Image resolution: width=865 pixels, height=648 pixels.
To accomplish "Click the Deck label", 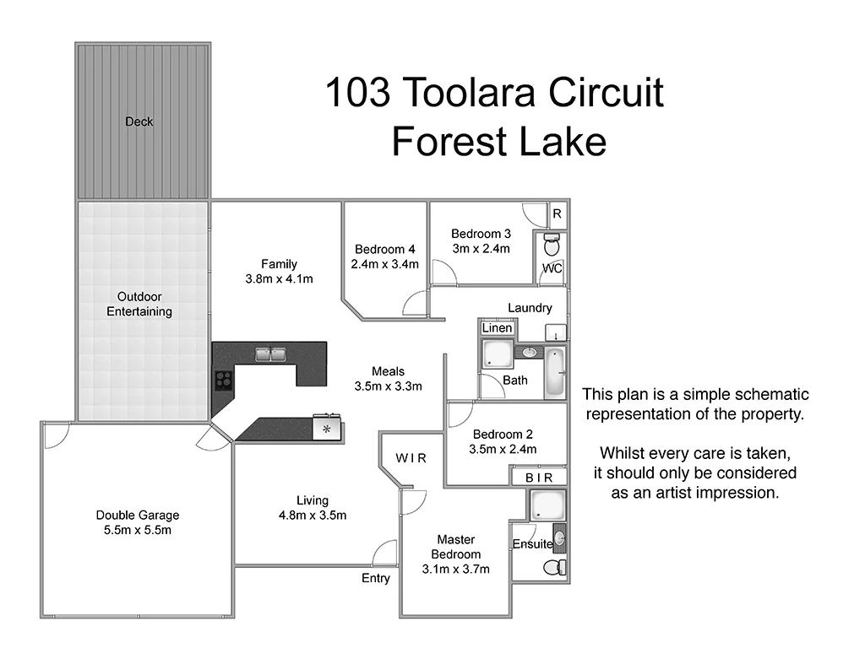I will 139,121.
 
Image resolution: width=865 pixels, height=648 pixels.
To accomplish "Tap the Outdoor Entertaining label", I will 139,305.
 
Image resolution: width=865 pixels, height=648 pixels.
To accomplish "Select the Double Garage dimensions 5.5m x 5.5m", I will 138,531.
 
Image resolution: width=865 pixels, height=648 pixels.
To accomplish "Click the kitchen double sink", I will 271,354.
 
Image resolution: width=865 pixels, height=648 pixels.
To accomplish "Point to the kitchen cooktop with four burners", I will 223,380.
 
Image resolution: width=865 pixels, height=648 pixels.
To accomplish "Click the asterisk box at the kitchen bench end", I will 327,429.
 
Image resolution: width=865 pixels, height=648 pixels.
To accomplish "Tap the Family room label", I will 279,264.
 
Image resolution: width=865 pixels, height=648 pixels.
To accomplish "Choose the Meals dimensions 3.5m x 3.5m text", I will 388,386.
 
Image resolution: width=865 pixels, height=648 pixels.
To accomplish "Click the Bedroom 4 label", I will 385,250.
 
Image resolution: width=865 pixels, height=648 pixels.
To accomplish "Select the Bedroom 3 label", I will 481,234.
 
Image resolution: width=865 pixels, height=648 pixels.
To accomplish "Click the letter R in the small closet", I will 558,214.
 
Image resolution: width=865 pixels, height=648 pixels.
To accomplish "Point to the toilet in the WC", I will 552,247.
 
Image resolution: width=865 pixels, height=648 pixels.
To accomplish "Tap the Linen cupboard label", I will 497,327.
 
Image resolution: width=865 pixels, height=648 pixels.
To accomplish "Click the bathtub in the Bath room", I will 555,372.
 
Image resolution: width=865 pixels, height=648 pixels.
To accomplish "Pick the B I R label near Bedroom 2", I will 538,478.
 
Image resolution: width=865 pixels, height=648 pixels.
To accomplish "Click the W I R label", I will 411,458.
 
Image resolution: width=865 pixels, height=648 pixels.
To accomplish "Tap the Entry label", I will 376,578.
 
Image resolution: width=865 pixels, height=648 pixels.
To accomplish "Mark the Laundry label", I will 530,308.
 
